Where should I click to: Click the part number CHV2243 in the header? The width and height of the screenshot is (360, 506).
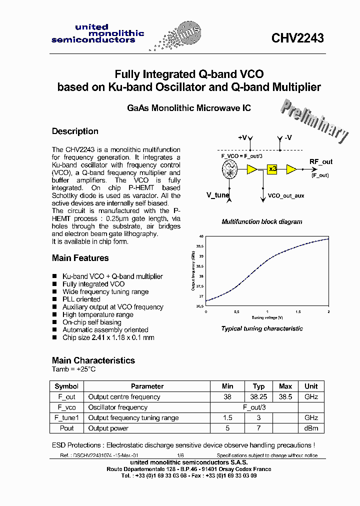(297, 38)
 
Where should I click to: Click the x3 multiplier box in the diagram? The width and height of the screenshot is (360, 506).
(272, 169)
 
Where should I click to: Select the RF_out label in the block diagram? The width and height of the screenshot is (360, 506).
(320, 162)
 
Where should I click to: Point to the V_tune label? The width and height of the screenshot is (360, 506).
(218, 195)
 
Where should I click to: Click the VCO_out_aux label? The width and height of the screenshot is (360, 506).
(286, 196)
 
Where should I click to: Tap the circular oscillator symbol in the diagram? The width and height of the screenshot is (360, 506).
(229, 170)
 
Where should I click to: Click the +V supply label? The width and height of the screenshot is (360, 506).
(242, 137)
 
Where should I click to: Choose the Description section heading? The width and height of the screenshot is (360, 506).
(75, 131)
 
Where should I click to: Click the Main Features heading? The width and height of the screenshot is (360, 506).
(80, 258)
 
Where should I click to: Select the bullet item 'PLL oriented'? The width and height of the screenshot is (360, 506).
(81, 299)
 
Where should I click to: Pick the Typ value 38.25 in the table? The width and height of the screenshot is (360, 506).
(258, 397)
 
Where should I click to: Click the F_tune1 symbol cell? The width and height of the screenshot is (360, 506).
(66, 418)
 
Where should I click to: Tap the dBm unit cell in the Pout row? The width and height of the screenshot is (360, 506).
(310, 428)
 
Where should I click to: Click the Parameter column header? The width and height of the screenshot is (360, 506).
(147, 386)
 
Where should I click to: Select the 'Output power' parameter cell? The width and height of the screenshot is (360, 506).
(108, 428)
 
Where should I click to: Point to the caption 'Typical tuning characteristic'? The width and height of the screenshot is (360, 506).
(262, 329)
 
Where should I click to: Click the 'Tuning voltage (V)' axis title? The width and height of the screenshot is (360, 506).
(267, 317)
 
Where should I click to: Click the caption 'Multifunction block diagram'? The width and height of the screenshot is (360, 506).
(261, 221)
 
